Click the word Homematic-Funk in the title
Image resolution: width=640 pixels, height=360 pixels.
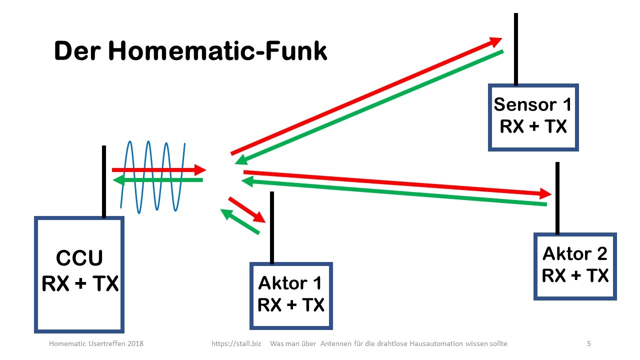tap(217, 51)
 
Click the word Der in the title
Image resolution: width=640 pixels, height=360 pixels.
tap(77, 51)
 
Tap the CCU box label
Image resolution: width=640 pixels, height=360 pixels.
tap(79, 257)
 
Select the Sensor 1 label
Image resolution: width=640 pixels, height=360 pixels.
tap(532, 104)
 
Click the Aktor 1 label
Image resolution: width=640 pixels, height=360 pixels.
tap(290, 283)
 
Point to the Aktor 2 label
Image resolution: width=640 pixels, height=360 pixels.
tap(575, 253)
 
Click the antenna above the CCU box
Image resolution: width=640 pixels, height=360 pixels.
tap(104, 181)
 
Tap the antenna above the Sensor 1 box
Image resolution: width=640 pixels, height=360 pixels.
tap(516, 49)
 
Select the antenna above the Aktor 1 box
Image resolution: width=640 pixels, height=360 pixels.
tap(272, 227)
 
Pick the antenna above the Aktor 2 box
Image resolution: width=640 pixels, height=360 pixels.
tap(557, 198)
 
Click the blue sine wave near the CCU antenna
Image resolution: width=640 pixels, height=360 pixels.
tap(152, 177)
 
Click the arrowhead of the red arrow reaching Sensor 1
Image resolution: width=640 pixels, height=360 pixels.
tap(495, 41)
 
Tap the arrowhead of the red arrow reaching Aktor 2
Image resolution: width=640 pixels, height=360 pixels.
tap(545, 193)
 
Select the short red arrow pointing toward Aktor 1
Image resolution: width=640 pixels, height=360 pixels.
tap(247, 209)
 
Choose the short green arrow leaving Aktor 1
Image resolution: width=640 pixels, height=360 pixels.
tap(240, 221)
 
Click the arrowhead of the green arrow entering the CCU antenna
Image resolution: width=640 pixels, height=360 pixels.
tap(118, 180)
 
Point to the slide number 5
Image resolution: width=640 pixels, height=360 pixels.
tap(589, 343)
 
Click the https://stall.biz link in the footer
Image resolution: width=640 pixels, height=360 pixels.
tap(236, 343)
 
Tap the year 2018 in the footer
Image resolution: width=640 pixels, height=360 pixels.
tap(135, 343)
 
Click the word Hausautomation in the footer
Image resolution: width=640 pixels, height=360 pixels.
tap(436, 343)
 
